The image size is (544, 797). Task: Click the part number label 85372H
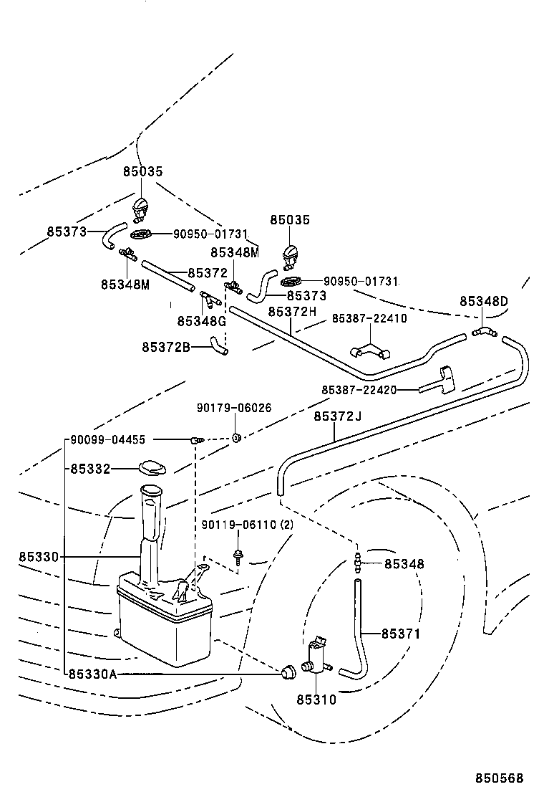[x=292, y=312]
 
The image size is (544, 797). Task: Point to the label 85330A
[x=92, y=674]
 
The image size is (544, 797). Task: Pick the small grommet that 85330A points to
[x=289, y=672]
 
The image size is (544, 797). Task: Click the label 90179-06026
[x=234, y=408]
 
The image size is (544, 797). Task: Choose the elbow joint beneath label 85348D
[x=484, y=331]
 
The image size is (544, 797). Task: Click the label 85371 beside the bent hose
[x=400, y=634]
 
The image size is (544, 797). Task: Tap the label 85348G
[x=202, y=321]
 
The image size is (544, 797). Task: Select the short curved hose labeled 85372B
[x=218, y=349]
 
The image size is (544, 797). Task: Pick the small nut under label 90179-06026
[x=235, y=437]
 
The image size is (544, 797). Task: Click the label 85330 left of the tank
[x=39, y=557]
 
